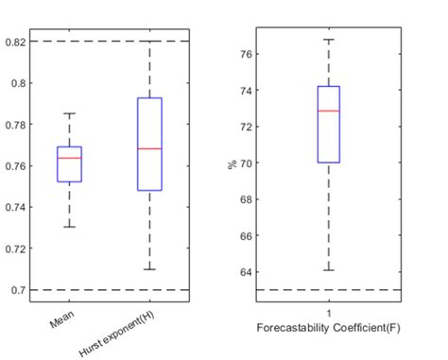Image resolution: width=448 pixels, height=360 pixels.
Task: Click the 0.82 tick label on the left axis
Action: [16, 42]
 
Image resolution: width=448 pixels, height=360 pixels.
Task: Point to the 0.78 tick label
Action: [16, 124]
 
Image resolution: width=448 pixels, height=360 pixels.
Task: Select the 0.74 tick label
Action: [16, 207]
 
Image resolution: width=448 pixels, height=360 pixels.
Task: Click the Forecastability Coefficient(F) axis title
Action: [328, 327]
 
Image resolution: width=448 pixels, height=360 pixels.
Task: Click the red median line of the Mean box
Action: [69, 158]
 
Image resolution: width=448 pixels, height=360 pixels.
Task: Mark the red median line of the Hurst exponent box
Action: [149, 149]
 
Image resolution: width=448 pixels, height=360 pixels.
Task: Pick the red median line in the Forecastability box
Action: [328, 111]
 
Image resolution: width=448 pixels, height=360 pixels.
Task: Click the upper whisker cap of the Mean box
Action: [69, 113]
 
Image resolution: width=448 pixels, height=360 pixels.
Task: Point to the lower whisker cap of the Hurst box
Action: [149, 269]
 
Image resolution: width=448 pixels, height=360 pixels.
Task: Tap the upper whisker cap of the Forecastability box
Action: [328, 40]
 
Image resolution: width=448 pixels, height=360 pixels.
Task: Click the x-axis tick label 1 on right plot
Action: [328, 314]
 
